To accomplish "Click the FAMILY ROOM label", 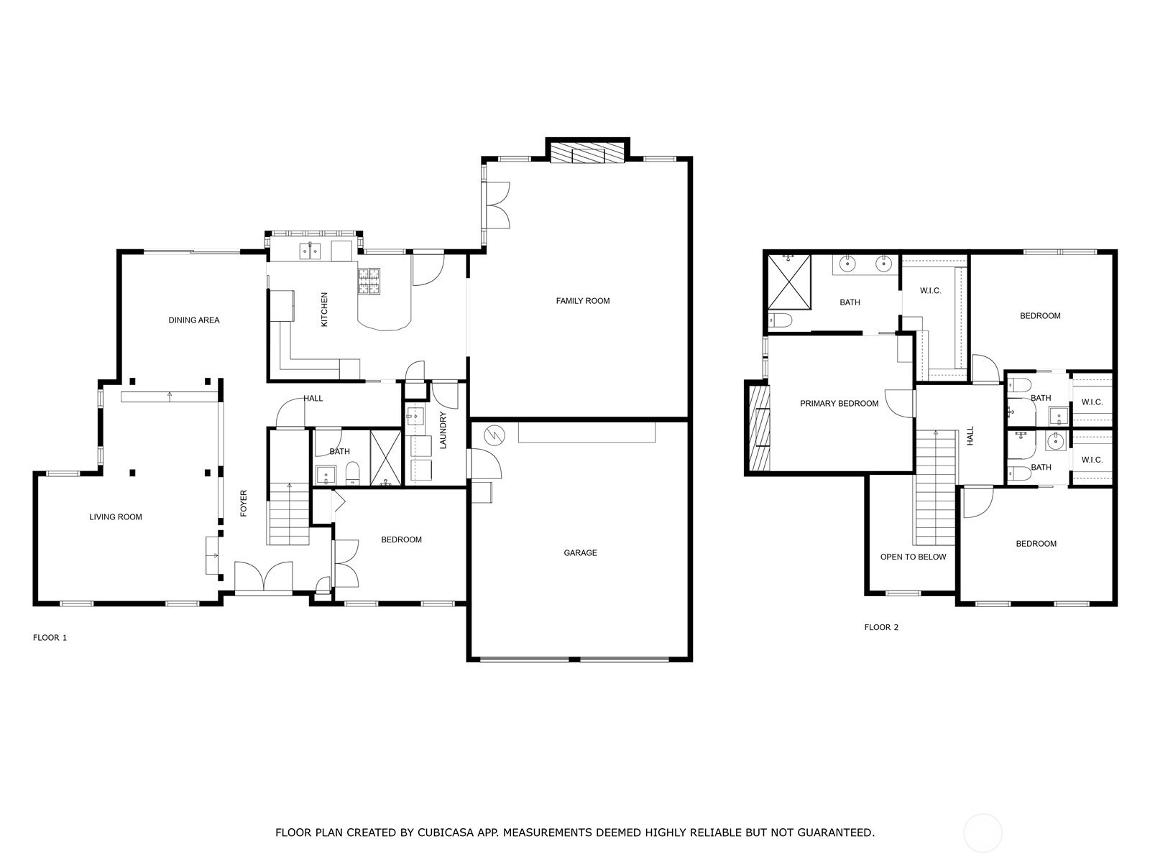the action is click(583, 301).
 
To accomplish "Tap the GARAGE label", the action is click(580, 552).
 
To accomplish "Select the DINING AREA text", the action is click(194, 320).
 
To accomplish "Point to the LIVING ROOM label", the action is click(116, 517).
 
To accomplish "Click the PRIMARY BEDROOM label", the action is click(839, 404).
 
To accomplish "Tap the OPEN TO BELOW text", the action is click(914, 557).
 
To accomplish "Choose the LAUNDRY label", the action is click(443, 430).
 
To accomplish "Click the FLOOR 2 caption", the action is click(881, 627).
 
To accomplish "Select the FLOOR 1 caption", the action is click(50, 637).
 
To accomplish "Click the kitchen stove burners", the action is click(369, 281).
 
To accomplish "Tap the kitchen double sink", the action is click(310, 251).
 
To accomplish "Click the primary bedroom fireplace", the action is click(758, 427).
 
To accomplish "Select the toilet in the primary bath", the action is click(781, 320).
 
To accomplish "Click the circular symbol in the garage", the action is click(493, 434).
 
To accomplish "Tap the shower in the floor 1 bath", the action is click(385, 458).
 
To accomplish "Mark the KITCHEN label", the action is click(323, 310).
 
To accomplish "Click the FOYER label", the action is click(244, 504).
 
